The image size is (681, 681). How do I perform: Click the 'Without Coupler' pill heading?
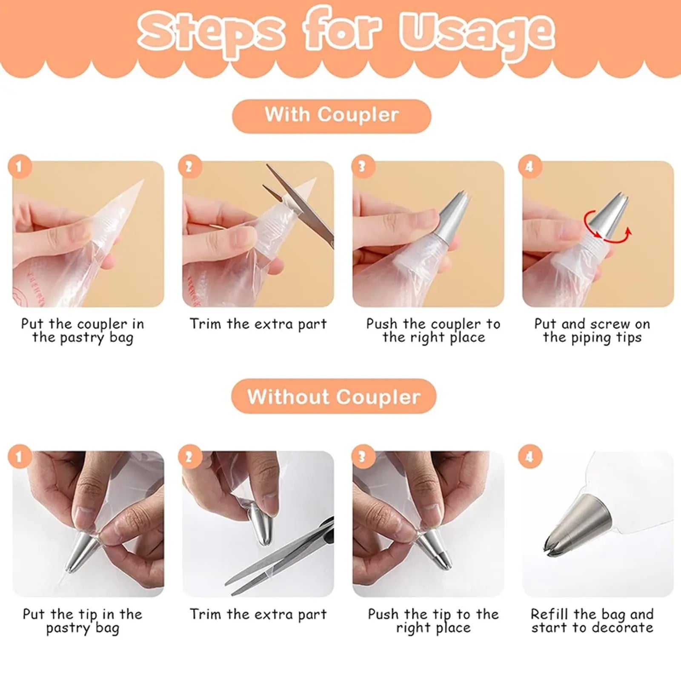(x=334, y=397)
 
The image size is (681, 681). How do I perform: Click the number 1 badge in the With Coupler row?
(x=20, y=166)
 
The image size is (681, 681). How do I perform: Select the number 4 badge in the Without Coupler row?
(x=529, y=457)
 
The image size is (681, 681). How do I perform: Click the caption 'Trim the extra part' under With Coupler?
(x=258, y=324)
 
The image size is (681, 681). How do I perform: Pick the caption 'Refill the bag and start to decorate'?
(x=592, y=621)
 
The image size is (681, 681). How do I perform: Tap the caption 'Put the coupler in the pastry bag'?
(x=83, y=331)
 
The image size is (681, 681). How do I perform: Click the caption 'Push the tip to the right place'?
(x=433, y=621)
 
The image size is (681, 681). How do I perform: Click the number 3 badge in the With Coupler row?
(x=362, y=166)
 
